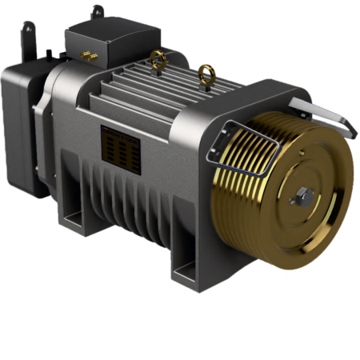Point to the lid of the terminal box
(x=112, y=28)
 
